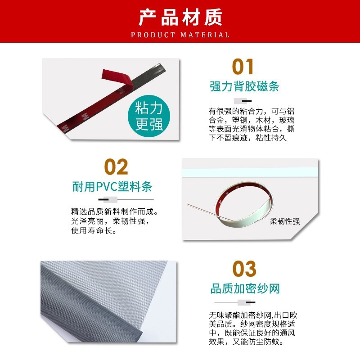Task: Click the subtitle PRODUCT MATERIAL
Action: pyautogui.click(x=180, y=35)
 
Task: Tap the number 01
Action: pyautogui.click(x=243, y=67)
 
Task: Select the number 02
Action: pyautogui.click(x=116, y=167)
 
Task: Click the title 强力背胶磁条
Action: pyautogui.click(x=244, y=86)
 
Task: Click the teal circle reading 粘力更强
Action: pyautogui.click(x=149, y=116)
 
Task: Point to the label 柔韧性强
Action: pyautogui.click(x=285, y=221)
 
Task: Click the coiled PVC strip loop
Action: pyautogui.click(x=243, y=207)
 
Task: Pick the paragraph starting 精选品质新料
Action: pyautogui.click(x=115, y=221)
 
